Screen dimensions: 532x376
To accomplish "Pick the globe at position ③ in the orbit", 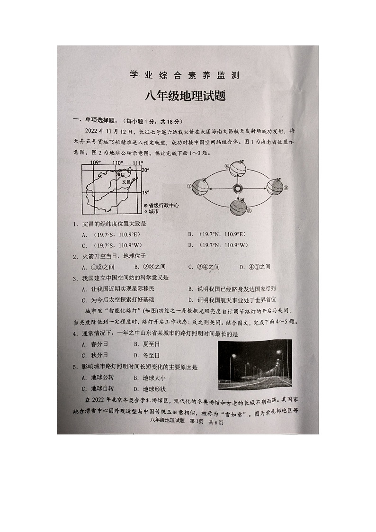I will click(x=275, y=187).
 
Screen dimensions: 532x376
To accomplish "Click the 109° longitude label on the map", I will click(x=95, y=163).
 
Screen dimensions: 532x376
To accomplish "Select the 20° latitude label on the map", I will click(x=145, y=170).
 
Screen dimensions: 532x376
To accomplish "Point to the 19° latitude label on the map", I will click(x=146, y=192).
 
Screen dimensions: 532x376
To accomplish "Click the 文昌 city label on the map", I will click(x=125, y=181).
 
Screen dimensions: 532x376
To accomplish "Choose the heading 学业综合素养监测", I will click(x=185, y=75).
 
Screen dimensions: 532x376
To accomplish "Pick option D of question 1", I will click(x=218, y=245).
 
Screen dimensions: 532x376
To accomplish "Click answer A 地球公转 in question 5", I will click(x=98, y=378).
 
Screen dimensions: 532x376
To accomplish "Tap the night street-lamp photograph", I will click(x=254, y=364).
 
